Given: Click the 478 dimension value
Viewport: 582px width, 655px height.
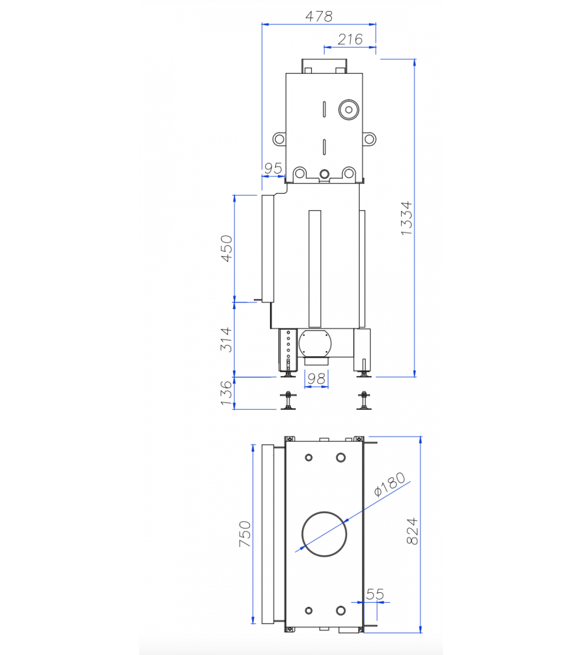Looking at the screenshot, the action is [319, 16].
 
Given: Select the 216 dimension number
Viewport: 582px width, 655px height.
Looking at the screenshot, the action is [350, 40].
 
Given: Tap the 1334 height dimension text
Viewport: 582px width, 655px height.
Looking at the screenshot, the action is [406, 218].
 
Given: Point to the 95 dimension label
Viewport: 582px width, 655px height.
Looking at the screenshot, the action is [273, 168].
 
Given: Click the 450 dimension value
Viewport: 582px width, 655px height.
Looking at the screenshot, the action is [227, 249].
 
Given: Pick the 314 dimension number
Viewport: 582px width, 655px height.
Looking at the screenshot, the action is [226, 339].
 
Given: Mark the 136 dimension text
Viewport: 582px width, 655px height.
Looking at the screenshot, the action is [226, 392].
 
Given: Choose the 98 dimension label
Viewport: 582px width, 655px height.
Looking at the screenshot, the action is [316, 379].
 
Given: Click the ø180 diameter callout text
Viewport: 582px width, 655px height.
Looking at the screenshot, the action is [389, 484].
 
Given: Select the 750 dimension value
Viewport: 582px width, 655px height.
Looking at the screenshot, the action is [244, 534].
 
